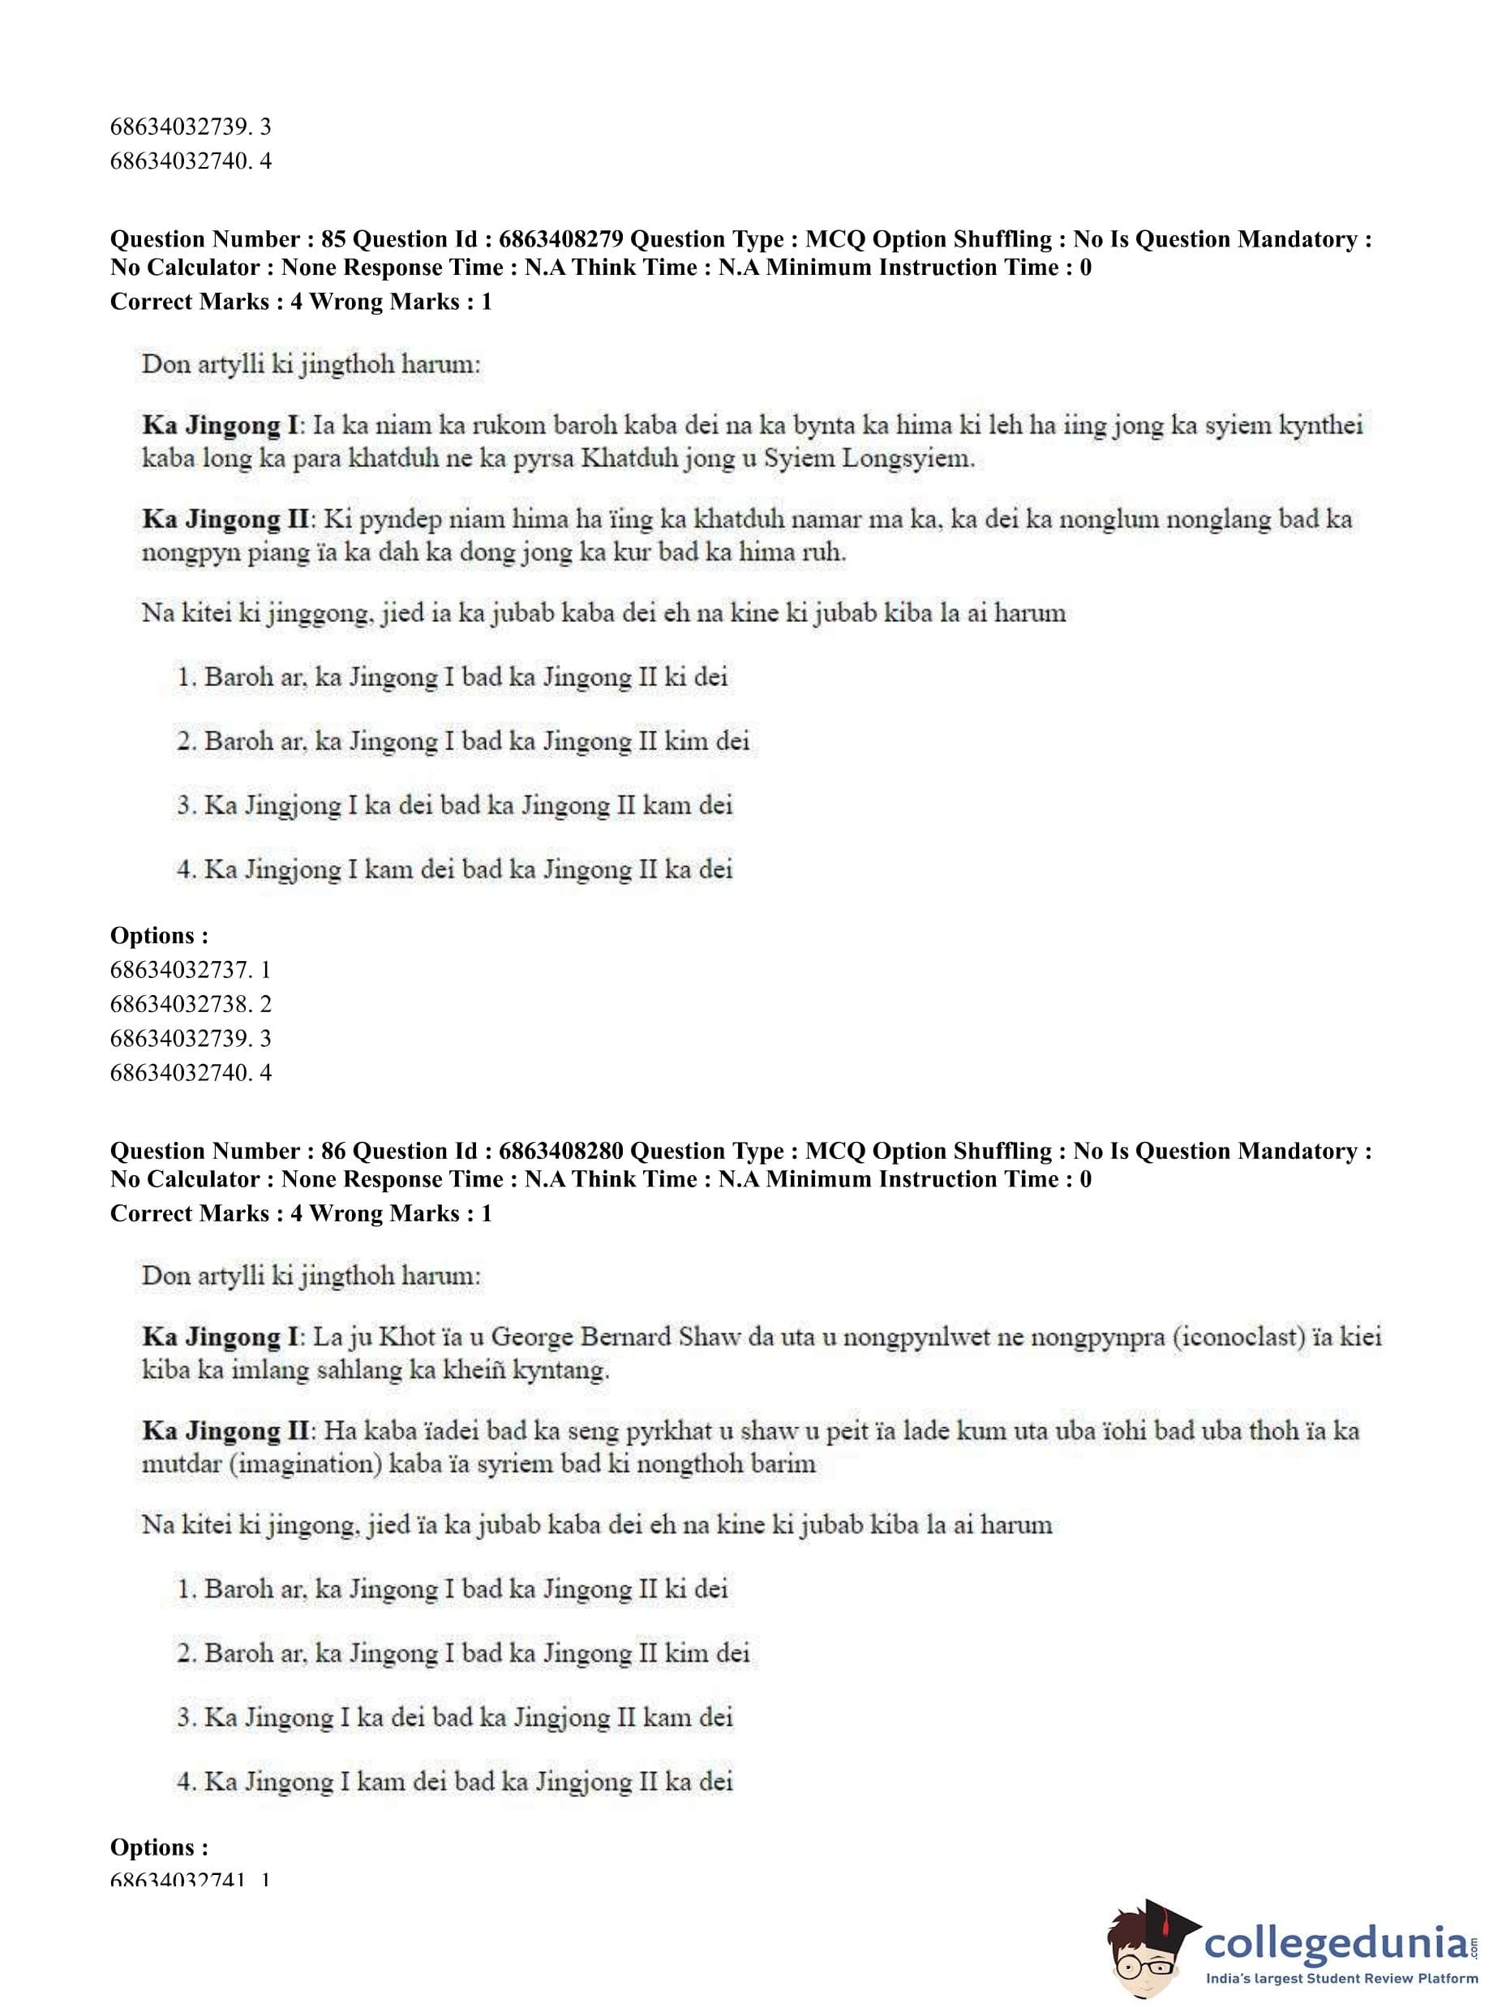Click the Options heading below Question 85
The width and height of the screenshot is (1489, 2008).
159,936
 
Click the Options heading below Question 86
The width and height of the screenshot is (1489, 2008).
159,1847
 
